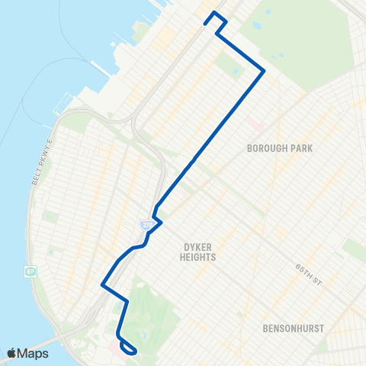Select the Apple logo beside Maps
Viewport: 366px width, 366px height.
(13, 353)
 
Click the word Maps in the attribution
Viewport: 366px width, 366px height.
(34, 353)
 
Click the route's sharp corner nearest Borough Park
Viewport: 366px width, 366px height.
(264, 71)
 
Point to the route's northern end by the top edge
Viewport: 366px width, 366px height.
(216, 14)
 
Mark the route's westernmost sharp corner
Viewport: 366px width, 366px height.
(102, 284)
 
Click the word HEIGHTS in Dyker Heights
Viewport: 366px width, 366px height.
(201, 258)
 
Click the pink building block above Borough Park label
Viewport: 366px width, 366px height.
(255, 122)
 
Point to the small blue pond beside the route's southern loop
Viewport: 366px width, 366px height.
(143, 336)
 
